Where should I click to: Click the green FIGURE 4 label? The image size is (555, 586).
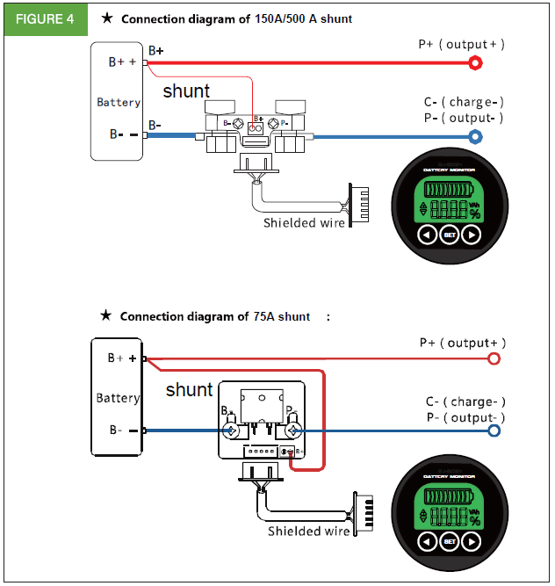pos(44,18)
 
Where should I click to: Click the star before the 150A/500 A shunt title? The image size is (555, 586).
pos(106,18)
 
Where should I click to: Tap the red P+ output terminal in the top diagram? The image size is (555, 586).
pos(475,62)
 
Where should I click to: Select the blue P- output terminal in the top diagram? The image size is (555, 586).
pos(475,137)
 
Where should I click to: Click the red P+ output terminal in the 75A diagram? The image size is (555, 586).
pos(494,358)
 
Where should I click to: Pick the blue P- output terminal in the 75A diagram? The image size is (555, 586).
pos(494,430)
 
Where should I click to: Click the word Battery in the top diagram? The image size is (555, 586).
pos(119,103)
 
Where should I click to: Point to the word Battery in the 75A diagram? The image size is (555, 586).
pos(118,398)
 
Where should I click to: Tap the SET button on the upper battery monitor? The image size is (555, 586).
pos(450,235)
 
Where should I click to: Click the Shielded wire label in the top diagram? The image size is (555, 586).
pos(304,223)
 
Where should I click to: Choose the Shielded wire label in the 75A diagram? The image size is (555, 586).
pos(307,531)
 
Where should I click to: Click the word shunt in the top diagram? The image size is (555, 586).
pos(186,91)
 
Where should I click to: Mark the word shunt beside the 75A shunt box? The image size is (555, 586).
pos(189,389)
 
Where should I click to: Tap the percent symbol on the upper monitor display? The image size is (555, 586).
pos(475,213)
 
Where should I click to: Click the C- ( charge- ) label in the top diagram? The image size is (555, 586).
pos(464,102)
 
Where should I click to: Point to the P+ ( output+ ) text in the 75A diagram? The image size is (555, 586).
pos(462,343)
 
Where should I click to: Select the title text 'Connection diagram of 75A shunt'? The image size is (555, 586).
pos(214,316)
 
